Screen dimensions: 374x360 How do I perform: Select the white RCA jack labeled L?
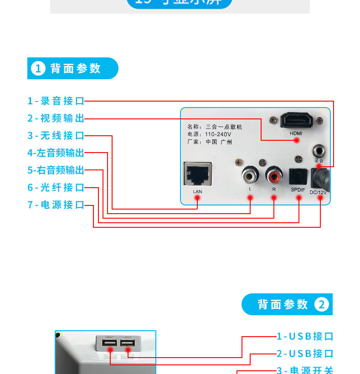pyautogui.click(x=250, y=174)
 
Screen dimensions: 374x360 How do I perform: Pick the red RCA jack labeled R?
pyautogui.click(x=274, y=174)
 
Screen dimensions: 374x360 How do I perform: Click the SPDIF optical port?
pyautogui.click(x=298, y=176)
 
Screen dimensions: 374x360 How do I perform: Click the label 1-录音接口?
pyautogui.click(x=56, y=101)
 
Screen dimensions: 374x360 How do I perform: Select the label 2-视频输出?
pyautogui.click(x=56, y=118)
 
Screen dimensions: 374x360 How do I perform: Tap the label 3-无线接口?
pyautogui.click(x=56, y=135)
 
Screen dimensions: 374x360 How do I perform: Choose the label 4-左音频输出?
pyautogui.click(x=56, y=153)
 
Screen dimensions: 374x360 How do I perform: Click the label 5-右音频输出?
pyautogui.click(x=56, y=170)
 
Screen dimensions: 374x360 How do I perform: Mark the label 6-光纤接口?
pyautogui.click(x=56, y=187)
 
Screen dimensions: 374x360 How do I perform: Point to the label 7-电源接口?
pyautogui.click(x=56, y=205)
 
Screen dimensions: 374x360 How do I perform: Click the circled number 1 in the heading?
pyautogui.click(x=38, y=69)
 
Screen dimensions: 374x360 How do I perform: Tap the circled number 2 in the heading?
pyautogui.click(x=321, y=305)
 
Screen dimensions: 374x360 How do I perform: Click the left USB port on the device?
pyautogui.click(x=110, y=343)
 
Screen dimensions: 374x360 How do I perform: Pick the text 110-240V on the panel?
pyautogui.click(x=218, y=135)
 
